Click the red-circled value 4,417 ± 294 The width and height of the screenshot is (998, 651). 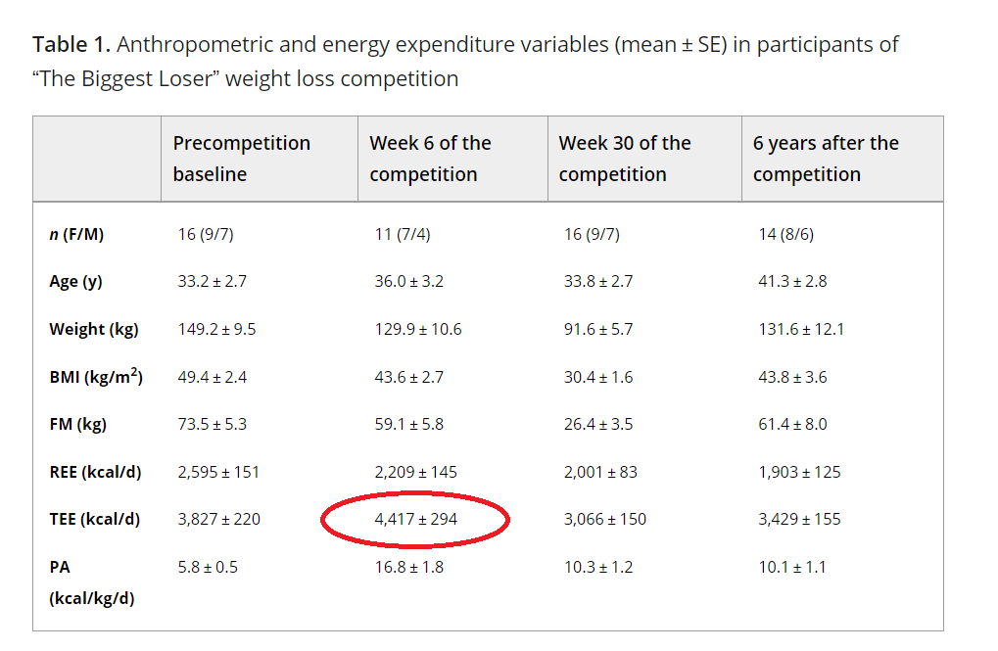[x=415, y=519]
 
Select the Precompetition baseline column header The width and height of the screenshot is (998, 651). [x=241, y=159]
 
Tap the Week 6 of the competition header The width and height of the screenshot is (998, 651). [x=430, y=159]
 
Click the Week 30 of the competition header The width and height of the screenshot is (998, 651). [x=625, y=159]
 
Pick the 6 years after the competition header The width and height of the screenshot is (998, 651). [x=826, y=159]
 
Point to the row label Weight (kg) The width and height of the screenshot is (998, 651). [x=94, y=330]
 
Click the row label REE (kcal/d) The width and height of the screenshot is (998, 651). [x=95, y=472]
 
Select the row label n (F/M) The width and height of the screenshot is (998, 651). [x=76, y=234]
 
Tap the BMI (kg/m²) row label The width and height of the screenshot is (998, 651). [x=96, y=377]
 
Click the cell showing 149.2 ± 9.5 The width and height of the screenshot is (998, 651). [x=216, y=329]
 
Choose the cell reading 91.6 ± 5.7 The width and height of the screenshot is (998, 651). [x=598, y=329]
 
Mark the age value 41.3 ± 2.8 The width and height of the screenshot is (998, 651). [x=792, y=281]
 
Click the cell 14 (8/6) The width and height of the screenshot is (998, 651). [x=786, y=234]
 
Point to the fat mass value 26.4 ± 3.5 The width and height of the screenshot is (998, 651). [x=598, y=424]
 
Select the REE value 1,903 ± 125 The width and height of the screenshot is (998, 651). [x=799, y=472]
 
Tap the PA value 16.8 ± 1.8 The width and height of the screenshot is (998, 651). [x=408, y=567]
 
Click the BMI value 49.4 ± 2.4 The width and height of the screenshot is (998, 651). [x=212, y=377]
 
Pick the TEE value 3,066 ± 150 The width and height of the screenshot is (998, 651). [x=604, y=519]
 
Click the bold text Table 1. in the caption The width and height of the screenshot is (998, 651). [x=71, y=45]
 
